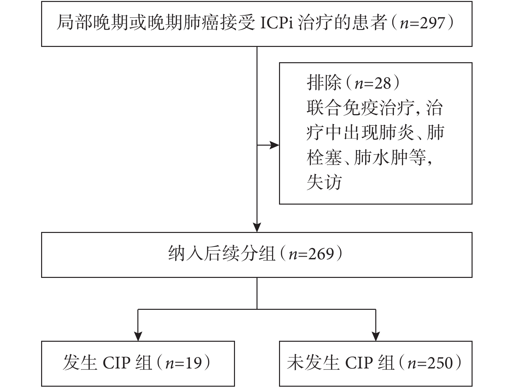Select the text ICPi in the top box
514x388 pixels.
click(276, 23)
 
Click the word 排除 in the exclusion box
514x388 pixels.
click(324, 83)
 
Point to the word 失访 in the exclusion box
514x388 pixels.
click(324, 182)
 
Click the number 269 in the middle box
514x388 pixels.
click(321, 254)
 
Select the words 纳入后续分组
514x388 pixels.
click(221, 254)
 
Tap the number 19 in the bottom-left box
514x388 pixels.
click(194, 363)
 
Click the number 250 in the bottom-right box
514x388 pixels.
click(440, 363)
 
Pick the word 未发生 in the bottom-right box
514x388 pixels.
click(313, 363)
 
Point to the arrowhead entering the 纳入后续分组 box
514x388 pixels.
click(257, 227)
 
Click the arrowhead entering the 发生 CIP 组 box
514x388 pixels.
click(138, 336)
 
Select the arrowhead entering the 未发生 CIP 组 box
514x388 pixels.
click(376, 336)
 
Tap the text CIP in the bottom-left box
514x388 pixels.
click(117, 363)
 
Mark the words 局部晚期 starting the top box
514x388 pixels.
click(92, 23)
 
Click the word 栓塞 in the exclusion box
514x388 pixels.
click(324, 158)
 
